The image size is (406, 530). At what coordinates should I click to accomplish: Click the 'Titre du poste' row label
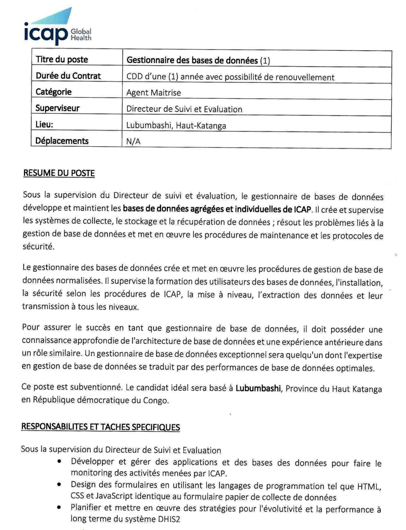tap(62, 59)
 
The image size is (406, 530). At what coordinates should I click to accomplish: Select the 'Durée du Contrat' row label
tap(68, 76)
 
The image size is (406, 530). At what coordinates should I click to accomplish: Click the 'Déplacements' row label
tap(62, 141)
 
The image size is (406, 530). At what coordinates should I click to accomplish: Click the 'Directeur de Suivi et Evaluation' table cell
tap(184, 109)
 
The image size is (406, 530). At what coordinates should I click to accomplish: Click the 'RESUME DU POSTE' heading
tap(59, 173)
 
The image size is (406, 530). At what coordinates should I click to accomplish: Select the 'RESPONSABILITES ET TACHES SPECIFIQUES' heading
tap(101, 427)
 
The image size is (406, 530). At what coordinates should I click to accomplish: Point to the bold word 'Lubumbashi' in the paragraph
tap(259, 388)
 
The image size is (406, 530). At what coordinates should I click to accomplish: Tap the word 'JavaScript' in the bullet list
tap(120, 496)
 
